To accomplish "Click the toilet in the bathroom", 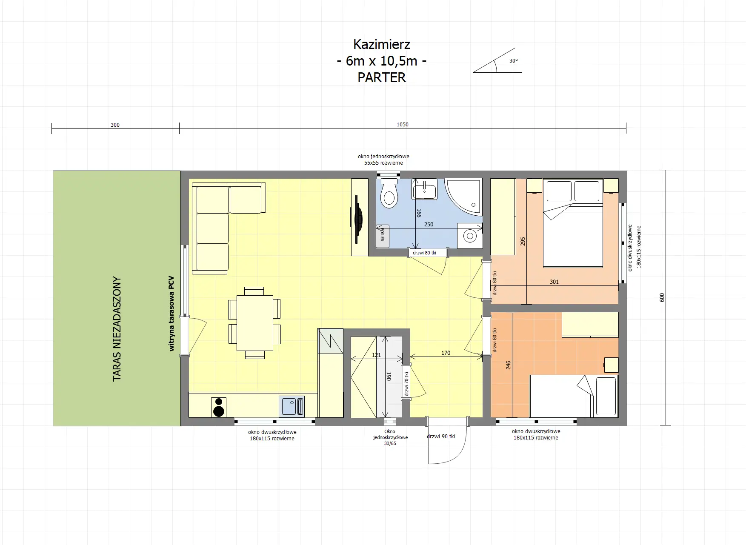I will tap(389, 194).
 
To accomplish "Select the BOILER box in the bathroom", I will tap(382, 235).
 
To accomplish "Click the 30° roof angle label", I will tap(513, 61).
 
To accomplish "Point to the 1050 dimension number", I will tap(402, 125).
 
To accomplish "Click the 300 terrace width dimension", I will tap(115, 125).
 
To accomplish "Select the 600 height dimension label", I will tap(662, 297).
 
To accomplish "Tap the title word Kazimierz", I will tap(381, 44).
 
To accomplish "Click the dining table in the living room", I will tap(254, 323).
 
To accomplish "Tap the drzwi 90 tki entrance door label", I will tap(441, 437).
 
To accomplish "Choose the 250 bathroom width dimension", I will tap(429, 224).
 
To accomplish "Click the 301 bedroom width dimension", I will tap(554, 282).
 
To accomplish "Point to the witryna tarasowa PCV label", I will tap(171, 314).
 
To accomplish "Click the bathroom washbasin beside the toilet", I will tap(424, 189).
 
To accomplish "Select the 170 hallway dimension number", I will tap(446, 353).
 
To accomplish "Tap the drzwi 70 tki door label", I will tap(406, 384).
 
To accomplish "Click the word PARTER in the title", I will tap(381, 77).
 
